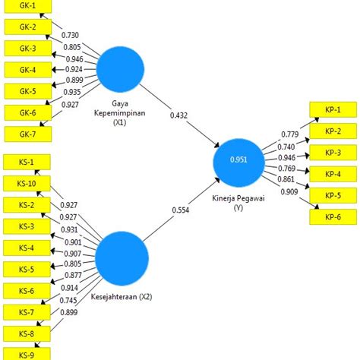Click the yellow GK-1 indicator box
(25, 5)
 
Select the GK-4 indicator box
(25, 70)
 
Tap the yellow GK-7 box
(25, 135)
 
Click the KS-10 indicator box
(25, 183)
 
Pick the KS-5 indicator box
(25, 269)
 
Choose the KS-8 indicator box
(25, 333)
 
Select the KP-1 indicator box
(333, 109)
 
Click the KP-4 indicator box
(333, 173)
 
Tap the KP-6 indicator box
(333, 216)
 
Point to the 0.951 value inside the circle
(239, 159)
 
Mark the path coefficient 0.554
(179, 210)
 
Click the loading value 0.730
(70, 36)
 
